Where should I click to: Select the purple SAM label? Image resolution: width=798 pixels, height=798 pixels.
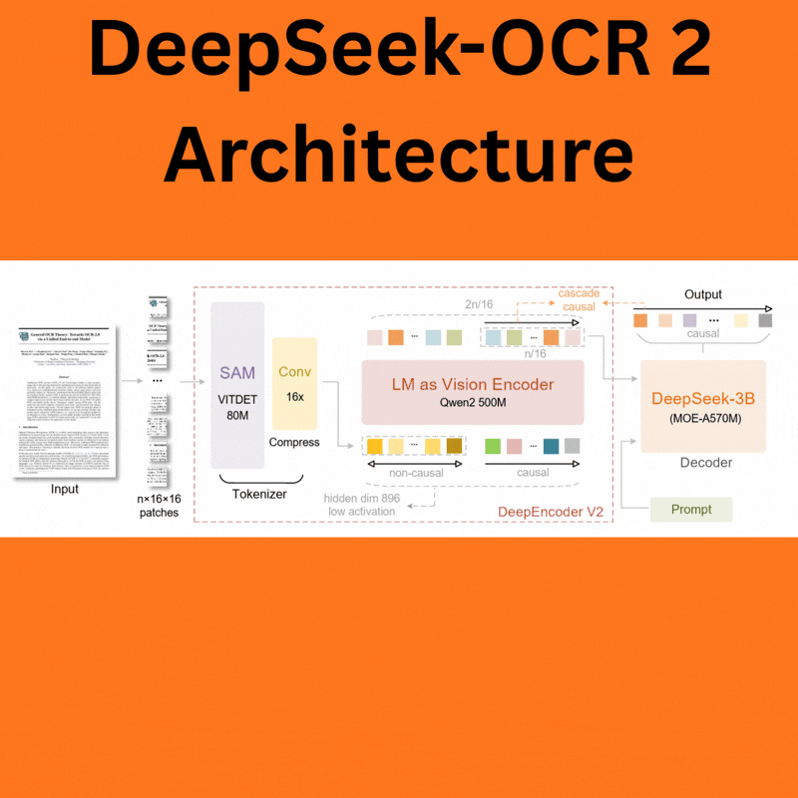[237, 372]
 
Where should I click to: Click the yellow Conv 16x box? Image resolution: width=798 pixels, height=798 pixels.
[294, 383]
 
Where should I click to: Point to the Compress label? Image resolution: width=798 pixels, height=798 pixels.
[294, 442]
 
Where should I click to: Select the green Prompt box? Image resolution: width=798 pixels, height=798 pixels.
[691, 510]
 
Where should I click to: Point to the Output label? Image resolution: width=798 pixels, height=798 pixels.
[702, 295]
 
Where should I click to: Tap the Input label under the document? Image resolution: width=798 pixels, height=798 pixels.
[65, 490]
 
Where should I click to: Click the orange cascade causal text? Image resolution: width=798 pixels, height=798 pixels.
[578, 299]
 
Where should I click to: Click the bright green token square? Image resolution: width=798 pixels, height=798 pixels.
[493, 446]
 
